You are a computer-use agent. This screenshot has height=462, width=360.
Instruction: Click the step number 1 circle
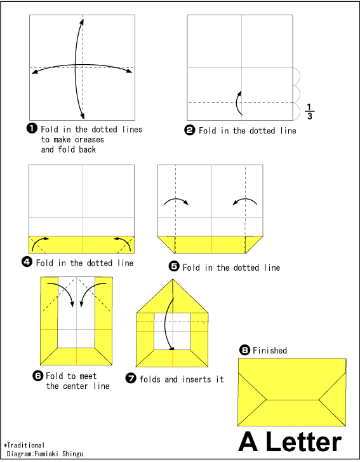pos(31,129)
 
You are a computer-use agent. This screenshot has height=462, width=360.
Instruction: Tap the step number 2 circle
pos(189,130)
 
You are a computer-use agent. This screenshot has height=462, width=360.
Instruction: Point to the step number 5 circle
pos(174,268)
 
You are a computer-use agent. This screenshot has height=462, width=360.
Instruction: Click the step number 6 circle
pos(37,376)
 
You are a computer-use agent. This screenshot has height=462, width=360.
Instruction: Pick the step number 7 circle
pos(131,379)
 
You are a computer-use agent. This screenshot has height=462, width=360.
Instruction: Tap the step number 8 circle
pos(244,350)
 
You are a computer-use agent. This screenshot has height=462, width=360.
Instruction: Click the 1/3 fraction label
pos(309,111)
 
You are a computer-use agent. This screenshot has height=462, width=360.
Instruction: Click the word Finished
pos(270,350)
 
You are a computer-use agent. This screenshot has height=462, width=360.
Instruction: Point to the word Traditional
pos(25,445)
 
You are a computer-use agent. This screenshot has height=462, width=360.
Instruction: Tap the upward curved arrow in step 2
pos(239,103)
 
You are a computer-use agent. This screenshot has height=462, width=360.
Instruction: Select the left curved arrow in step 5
pos(177,202)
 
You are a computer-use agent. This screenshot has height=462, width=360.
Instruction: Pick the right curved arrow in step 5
pos(244,202)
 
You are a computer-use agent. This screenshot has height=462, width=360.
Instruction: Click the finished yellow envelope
pos(291,391)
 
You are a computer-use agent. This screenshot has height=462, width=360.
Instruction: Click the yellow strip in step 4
pos(81,245)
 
